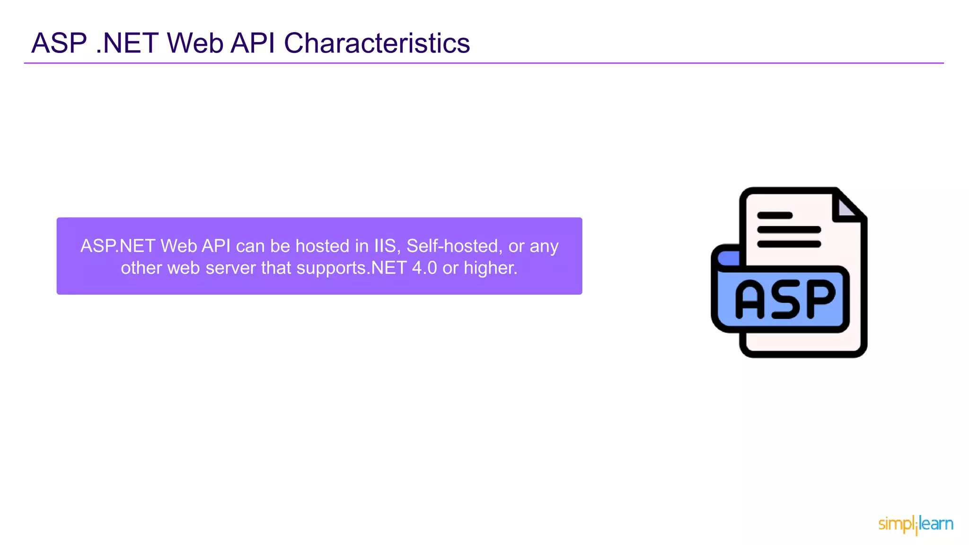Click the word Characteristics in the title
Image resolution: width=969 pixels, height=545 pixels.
coord(377,44)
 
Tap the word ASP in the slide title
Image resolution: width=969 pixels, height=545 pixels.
coord(59,44)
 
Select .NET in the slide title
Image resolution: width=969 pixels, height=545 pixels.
coord(127,44)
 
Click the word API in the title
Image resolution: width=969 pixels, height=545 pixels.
coord(253,44)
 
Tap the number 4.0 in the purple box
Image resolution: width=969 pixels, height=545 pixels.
coord(424,268)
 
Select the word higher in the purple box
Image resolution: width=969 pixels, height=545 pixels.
coord(490,268)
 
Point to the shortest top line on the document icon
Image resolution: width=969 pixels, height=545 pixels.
coord(775,216)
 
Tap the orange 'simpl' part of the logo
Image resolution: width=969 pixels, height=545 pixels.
coord(896,524)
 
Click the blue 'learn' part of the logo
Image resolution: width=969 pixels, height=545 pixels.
coord(936,524)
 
